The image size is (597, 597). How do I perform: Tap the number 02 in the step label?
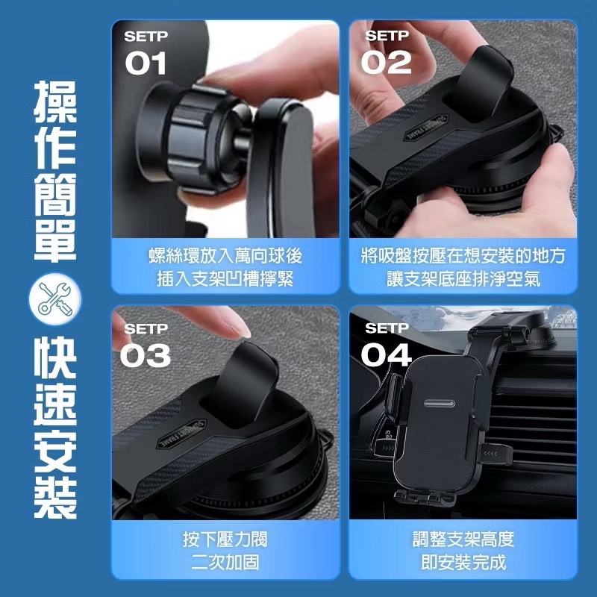coord(386,63)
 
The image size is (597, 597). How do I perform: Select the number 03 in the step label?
coord(146,356)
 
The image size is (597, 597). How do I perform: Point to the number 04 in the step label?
coord(386,356)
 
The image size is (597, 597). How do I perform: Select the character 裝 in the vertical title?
coord(54,494)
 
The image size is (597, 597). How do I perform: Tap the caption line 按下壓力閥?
coord(225,540)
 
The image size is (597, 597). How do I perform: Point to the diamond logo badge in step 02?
coord(425,131)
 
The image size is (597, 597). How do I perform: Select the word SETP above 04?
coord(387,328)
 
